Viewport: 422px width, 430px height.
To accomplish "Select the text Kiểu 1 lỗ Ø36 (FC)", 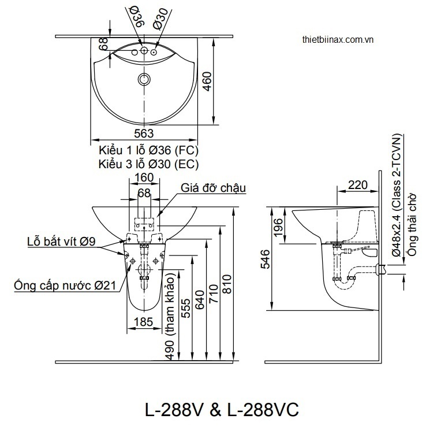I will point(148,150).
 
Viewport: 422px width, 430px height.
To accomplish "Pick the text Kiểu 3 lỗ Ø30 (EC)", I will point(148,164).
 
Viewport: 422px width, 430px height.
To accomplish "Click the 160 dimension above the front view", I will point(144,177).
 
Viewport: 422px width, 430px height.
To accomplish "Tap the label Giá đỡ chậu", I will point(213,188).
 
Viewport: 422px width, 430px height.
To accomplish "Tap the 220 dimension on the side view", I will point(357,185).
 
